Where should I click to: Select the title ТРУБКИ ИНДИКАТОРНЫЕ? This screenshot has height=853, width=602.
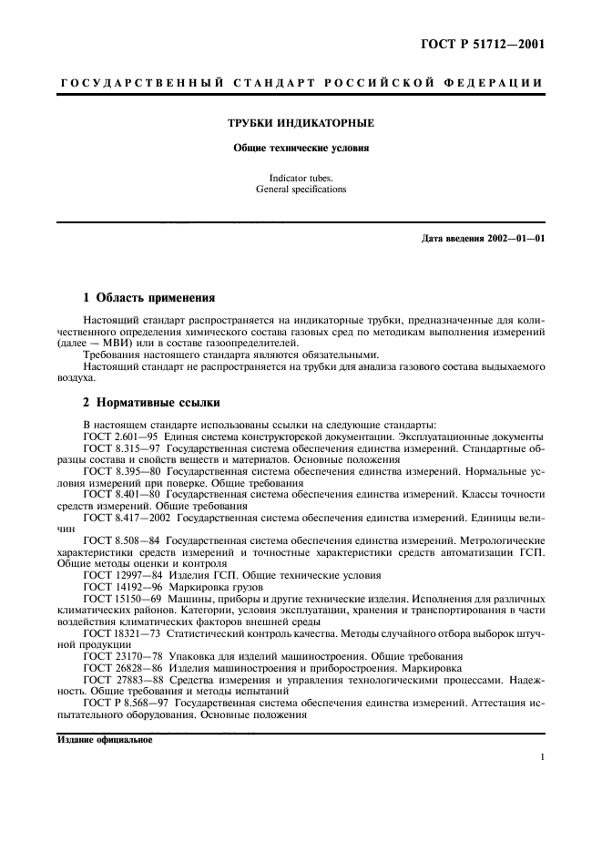click(301, 122)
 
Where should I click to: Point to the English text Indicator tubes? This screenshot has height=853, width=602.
click(301, 179)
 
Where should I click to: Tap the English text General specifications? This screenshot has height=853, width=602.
click(301, 190)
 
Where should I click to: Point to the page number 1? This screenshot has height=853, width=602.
click(541, 756)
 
